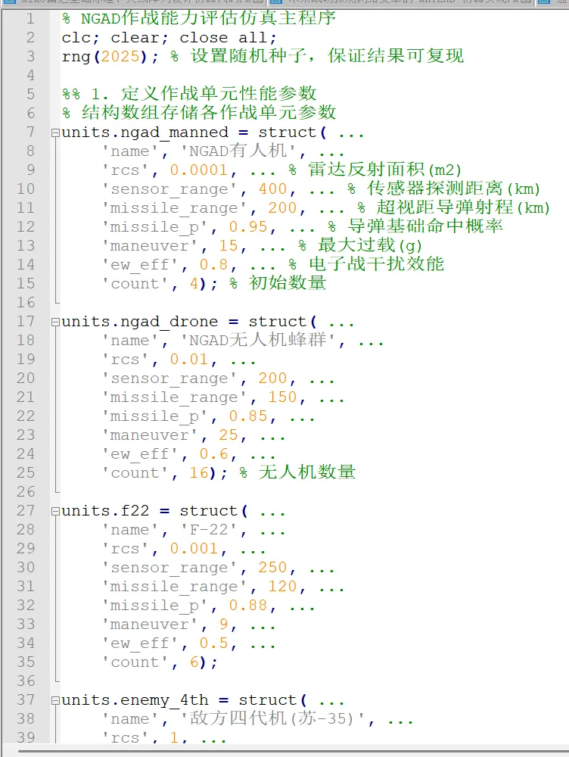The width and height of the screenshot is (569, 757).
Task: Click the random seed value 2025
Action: pyautogui.click(x=120, y=56)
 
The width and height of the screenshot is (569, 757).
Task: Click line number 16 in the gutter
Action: pyautogui.click(x=26, y=302)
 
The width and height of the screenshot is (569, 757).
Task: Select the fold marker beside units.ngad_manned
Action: pyautogui.click(x=54, y=132)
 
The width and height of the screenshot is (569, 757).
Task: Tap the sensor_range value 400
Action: pyautogui.click(x=272, y=188)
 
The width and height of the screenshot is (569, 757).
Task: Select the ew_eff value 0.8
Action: pyautogui.click(x=213, y=264)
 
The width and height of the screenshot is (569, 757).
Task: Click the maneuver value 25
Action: pyautogui.click(x=228, y=435)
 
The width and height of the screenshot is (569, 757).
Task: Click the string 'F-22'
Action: pyautogui.click(x=204, y=529)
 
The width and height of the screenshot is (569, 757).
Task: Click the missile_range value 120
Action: pyautogui.click(x=282, y=586)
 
